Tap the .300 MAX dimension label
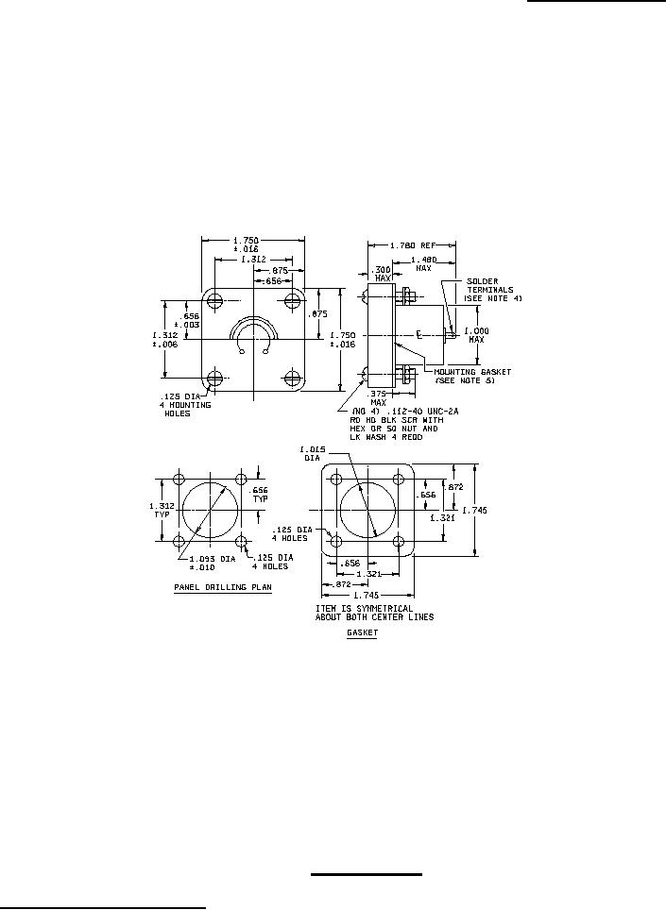383,275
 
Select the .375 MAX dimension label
378,397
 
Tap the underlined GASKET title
362,634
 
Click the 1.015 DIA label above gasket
313,452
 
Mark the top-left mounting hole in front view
217,301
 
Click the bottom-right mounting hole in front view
288,379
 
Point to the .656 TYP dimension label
258,494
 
